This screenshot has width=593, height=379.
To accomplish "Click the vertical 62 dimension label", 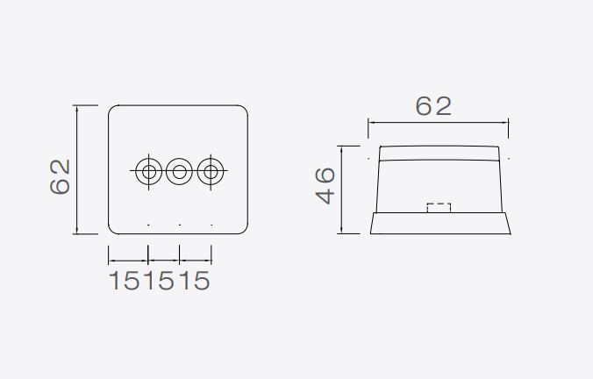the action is coord(61,176).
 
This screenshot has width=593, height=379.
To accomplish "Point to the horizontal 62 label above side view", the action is coord(433,106).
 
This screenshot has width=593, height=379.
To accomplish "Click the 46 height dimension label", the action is coord(325,186).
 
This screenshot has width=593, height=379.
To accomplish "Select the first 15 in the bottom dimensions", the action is coord(124,281).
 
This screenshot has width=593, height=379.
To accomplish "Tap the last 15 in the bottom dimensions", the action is coord(194,281).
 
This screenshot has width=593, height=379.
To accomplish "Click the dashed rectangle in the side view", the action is coord(439,204).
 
